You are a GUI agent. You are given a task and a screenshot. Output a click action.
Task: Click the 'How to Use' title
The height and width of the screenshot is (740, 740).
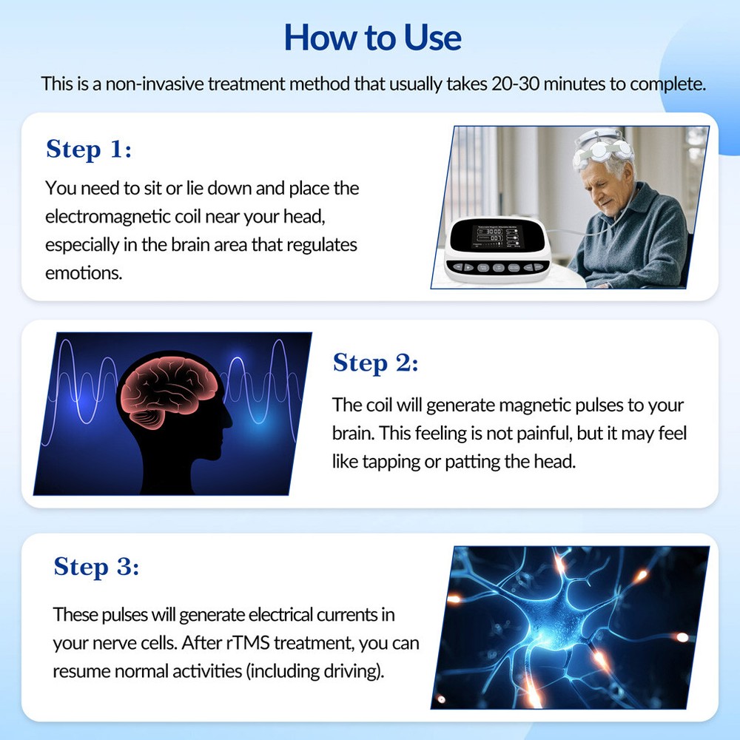pos(372,37)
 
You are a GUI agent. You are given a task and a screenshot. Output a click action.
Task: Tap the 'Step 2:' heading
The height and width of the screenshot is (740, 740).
pos(375,363)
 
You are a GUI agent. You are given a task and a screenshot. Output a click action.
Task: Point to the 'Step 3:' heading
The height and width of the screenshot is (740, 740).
pos(96,567)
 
